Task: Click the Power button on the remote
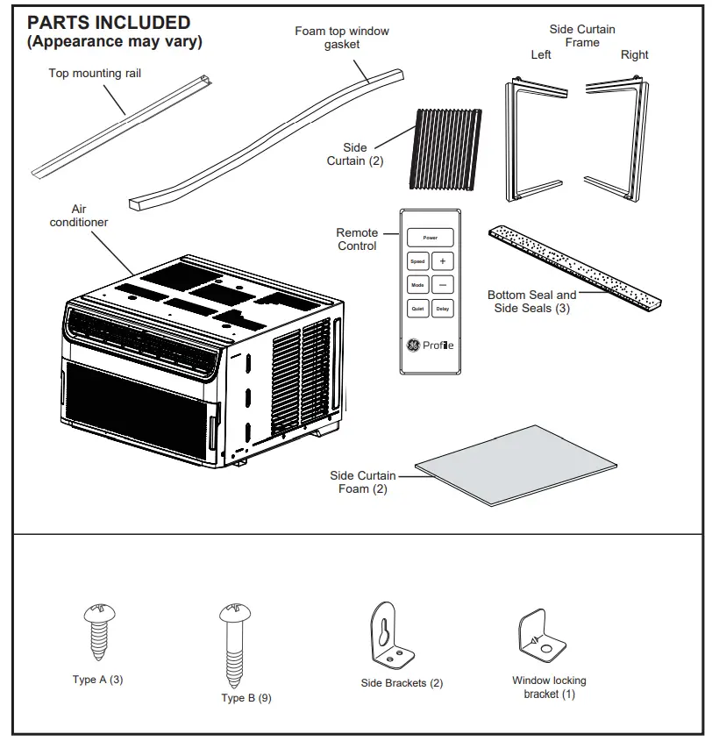pyautogui.click(x=430, y=238)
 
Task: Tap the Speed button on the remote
pyautogui.click(x=417, y=261)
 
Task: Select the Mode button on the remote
pyautogui.click(x=417, y=285)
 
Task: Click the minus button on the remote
pyautogui.click(x=443, y=285)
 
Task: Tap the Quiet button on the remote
pyautogui.click(x=417, y=309)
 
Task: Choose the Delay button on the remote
pyautogui.click(x=443, y=309)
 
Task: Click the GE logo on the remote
pyautogui.click(x=412, y=346)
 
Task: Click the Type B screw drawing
pyautogui.click(x=233, y=645)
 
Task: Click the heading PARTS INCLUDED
pyautogui.click(x=109, y=23)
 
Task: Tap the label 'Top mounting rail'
pyautogui.click(x=94, y=74)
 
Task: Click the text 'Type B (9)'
pyautogui.click(x=246, y=698)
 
